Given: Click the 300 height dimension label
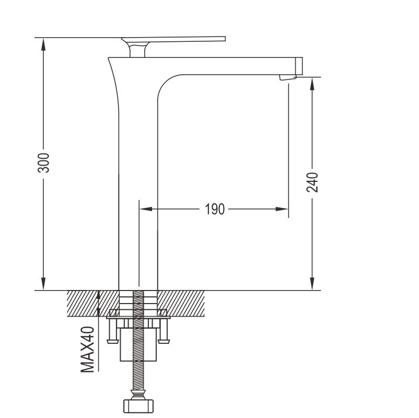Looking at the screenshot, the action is click(x=43, y=163).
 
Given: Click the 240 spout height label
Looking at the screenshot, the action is click(x=312, y=182).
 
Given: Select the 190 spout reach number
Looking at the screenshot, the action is click(x=215, y=210).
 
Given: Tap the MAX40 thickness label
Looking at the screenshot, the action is click(x=88, y=350).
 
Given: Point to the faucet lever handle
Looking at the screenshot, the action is click(x=173, y=41).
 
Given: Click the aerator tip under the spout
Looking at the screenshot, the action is click(x=288, y=77).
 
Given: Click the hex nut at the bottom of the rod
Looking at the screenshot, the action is click(x=138, y=406).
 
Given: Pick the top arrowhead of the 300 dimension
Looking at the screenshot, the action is click(x=43, y=43).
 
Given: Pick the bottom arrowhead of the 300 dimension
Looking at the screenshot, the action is click(x=43, y=284).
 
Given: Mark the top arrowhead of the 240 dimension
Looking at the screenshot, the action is click(x=312, y=84).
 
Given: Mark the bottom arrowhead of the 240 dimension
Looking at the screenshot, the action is click(x=312, y=284).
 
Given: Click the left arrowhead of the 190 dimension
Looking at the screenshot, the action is click(x=146, y=209).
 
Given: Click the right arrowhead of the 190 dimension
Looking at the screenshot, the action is click(x=282, y=209).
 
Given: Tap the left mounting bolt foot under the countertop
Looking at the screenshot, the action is click(x=112, y=341).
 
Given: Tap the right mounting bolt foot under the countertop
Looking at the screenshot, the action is click(x=164, y=341).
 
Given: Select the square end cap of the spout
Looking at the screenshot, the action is click(x=299, y=66).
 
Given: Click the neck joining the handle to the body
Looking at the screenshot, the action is click(x=137, y=50).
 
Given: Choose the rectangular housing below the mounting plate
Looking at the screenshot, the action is click(x=138, y=345).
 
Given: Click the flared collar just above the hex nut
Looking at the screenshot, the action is click(x=138, y=394).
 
